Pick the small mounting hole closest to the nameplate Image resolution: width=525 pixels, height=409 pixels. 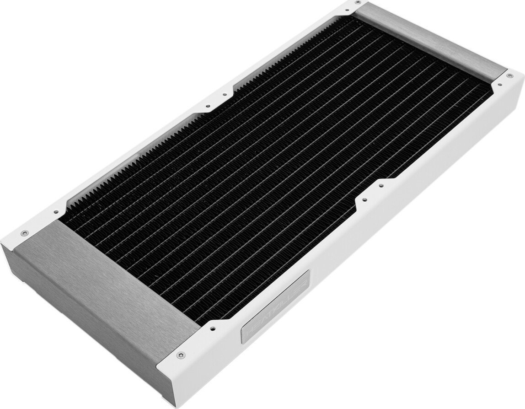pos(212,328)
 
